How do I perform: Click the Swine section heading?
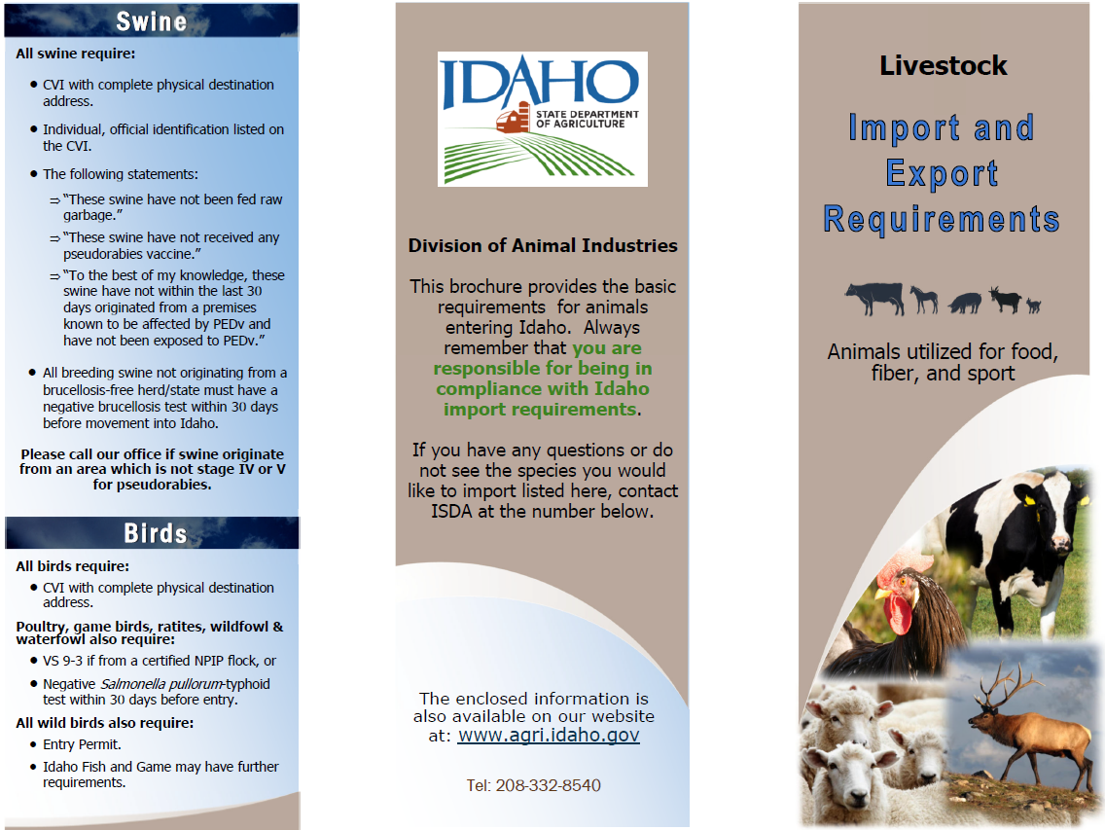tap(151, 21)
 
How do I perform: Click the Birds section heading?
tap(155, 533)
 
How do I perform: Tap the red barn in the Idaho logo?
tap(514, 120)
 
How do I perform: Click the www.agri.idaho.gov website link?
tap(549, 736)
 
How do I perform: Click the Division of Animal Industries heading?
tap(542, 245)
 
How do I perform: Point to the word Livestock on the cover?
tap(943, 65)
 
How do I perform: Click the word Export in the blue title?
tap(942, 173)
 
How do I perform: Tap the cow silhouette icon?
tap(873, 298)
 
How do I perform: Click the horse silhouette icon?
tap(924, 299)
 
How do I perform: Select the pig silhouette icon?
tap(965, 303)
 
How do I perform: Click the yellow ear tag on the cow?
tap(1028, 499)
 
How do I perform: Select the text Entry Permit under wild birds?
tap(82, 744)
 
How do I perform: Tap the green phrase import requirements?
tap(539, 410)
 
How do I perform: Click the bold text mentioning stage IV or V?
tap(153, 469)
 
